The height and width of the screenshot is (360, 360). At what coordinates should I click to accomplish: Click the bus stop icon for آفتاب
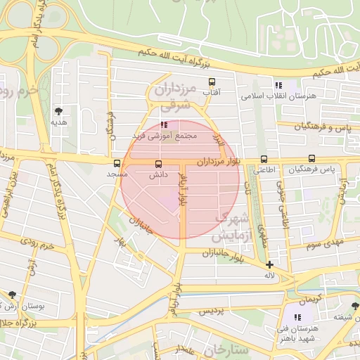point(211,82)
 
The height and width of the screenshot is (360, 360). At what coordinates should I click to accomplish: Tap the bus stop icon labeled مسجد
point(117,163)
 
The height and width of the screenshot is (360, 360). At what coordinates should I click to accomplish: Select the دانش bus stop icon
point(157,165)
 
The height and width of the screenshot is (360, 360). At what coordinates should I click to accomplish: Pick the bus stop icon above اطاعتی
point(264,159)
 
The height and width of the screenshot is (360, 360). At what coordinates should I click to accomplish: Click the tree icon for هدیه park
point(58,111)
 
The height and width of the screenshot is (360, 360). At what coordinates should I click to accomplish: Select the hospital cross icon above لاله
point(269,265)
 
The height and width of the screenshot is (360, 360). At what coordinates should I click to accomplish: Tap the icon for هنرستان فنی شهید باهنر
point(297,318)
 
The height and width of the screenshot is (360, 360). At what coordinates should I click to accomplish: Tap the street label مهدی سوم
point(323,244)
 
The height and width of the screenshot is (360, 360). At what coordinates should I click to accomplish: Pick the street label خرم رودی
point(37,246)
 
